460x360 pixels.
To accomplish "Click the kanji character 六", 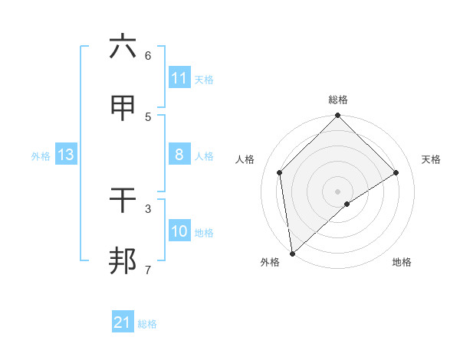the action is click(x=123, y=47).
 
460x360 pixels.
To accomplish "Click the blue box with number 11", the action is click(x=179, y=78).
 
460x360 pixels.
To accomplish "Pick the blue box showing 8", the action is click(x=179, y=155).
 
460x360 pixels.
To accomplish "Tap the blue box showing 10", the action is click(x=179, y=231).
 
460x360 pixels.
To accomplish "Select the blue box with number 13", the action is click(x=66, y=155).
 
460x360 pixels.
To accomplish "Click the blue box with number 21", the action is click(x=123, y=322).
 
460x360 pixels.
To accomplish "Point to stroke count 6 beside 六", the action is click(x=148, y=55).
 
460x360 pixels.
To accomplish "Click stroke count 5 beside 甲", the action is click(x=148, y=116).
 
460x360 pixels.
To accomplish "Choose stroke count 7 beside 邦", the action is click(x=148, y=270).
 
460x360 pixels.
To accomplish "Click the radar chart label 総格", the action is click(x=338, y=100).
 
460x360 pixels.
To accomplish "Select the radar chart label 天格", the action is click(x=432, y=159).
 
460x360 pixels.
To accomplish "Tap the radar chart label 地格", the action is click(x=402, y=262).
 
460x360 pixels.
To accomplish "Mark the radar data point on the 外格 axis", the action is click(x=292, y=254).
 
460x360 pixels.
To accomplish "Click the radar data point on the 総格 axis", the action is click(x=338, y=116).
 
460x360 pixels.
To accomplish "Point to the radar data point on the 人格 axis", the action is click(x=280, y=172).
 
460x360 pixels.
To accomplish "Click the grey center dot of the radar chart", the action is click(x=338, y=191).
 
